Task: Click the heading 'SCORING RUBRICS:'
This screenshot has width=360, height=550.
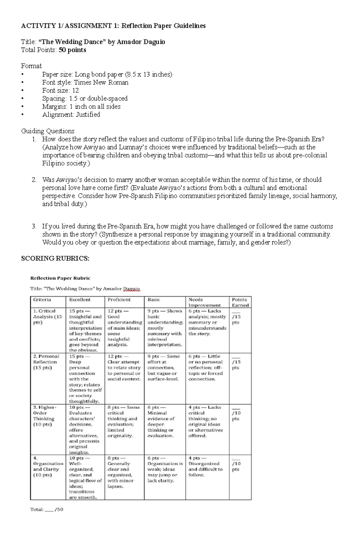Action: coord(55,258)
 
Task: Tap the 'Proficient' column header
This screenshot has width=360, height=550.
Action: coord(119,299)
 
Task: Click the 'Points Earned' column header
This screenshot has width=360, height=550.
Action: coord(240,302)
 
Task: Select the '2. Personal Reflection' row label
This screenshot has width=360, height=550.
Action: coord(46,362)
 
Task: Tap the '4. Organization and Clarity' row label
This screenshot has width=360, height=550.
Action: coord(48,466)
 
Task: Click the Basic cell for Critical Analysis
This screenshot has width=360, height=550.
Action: coord(165,328)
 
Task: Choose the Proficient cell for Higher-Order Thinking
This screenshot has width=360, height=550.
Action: coord(124,421)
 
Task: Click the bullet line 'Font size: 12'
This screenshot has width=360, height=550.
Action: coord(60,91)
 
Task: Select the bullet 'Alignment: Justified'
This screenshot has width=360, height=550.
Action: coord(71,114)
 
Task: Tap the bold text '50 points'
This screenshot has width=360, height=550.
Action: coord(72,50)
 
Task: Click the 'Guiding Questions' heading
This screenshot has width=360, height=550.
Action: coord(48,131)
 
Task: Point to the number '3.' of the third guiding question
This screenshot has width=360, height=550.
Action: coord(34,226)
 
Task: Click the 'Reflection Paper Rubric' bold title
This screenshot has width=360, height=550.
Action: coord(60,278)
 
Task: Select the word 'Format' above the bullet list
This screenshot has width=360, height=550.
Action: coord(31,66)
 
